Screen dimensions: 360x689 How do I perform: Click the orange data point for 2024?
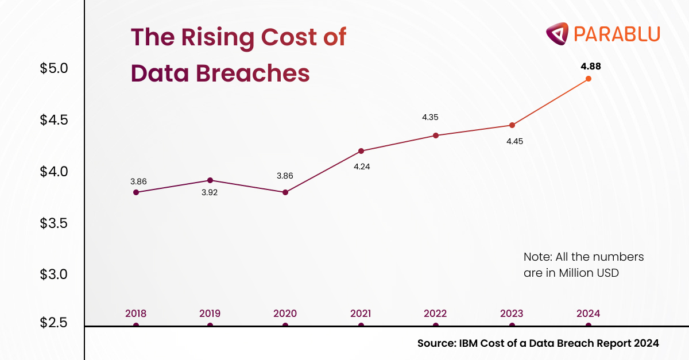(589, 79)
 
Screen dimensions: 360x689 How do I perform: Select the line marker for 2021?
(361, 151)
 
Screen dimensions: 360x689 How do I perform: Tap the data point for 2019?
(210, 180)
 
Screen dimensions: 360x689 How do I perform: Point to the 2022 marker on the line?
(436, 136)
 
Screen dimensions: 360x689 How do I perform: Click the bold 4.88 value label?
(591, 67)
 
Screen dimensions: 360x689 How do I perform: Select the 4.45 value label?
(514, 141)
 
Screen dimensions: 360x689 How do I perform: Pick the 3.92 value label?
(209, 193)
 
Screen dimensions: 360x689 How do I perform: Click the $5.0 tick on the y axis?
(54, 68)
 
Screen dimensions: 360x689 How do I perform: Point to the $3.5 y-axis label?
(54, 223)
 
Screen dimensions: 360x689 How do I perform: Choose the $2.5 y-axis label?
(54, 323)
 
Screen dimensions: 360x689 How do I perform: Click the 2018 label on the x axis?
(136, 313)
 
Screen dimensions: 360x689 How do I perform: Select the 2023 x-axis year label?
(512, 313)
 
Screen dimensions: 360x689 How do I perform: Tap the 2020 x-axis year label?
(285, 313)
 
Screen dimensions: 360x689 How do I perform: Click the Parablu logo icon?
(556, 33)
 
